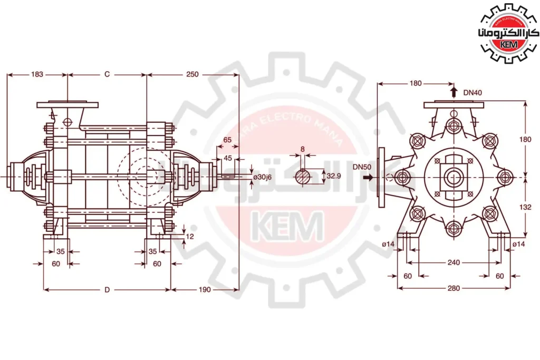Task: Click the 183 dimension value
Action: click(x=37, y=74)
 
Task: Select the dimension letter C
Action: click(x=107, y=74)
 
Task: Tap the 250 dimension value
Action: click(x=192, y=74)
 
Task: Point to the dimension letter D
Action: click(x=107, y=290)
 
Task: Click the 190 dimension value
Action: click(x=205, y=289)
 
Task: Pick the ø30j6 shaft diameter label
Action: click(x=263, y=177)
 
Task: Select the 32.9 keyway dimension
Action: click(x=334, y=176)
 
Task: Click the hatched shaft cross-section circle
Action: click(x=303, y=177)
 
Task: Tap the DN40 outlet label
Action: click(x=472, y=93)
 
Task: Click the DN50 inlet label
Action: click(x=362, y=167)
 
